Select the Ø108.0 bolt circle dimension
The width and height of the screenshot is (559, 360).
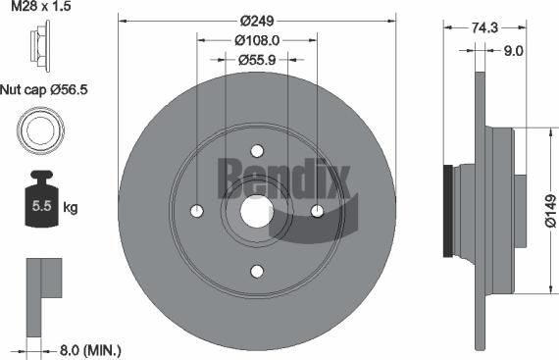[x=258, y=40]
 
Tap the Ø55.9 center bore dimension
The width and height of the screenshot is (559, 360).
[x=258, y=59]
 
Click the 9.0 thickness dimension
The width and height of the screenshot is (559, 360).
[x=511, y=49]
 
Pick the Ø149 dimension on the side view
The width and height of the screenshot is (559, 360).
[x=546, y=210]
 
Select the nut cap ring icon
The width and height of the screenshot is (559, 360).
[x=38, y=130]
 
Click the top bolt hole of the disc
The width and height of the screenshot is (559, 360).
[x=258, y=151]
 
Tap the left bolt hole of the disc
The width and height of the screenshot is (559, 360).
[x=197, y=210]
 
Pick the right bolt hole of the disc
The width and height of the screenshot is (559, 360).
[x=318, y=210]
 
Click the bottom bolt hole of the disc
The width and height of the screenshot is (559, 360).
[x=258, y=271]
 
